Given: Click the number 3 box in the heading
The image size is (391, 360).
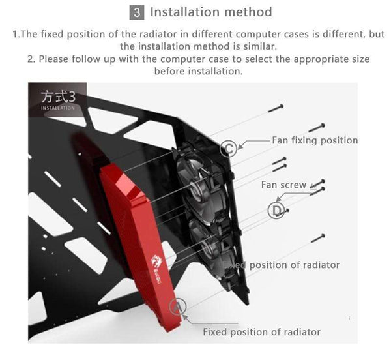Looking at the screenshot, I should tap(138, 12).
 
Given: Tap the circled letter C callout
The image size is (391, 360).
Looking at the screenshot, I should tap(227, 148).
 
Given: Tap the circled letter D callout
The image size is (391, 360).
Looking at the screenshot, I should tap(276, 210).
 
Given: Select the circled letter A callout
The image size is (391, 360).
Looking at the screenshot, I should tap(178, 307).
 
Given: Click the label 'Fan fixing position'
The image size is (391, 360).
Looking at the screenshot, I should tap(314, 140).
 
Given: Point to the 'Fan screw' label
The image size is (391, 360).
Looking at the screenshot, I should tap(283, 185).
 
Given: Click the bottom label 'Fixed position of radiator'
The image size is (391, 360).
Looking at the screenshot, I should tap(261, 332).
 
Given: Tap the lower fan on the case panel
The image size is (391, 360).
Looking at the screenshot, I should tap(210, 245).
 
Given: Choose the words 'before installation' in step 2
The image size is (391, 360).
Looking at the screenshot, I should tap(198, 71).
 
